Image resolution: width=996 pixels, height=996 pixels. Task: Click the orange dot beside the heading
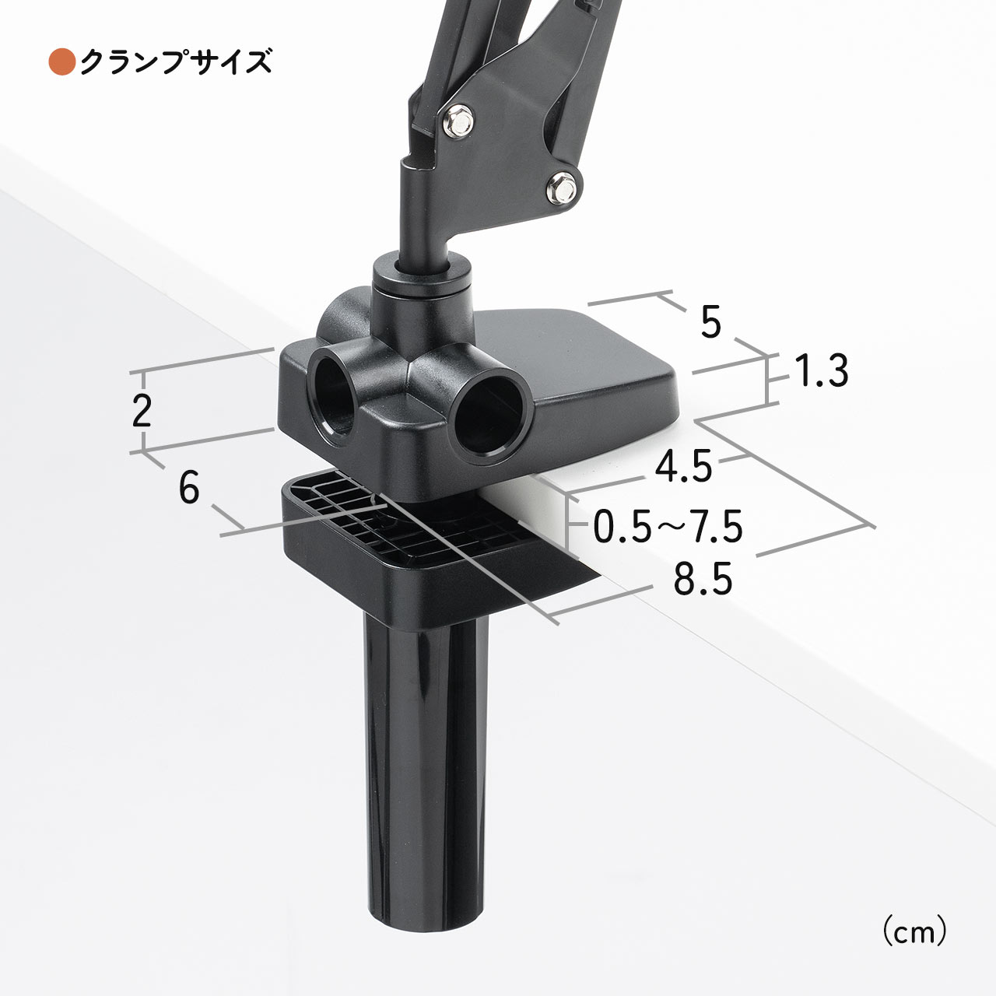point(62,62)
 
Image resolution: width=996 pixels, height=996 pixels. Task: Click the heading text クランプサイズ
point(176,62)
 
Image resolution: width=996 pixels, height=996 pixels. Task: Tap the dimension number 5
point(710,321)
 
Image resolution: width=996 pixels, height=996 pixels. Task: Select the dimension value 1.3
point(821,370)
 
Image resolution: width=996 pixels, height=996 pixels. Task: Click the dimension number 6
point(188,487)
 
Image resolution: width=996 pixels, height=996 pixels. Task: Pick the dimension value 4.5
point(683,466)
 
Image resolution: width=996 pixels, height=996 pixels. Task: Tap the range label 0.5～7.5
point(668,527)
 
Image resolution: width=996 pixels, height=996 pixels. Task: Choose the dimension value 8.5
point(703,579)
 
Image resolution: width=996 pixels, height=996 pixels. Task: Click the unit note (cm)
point(914,932)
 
